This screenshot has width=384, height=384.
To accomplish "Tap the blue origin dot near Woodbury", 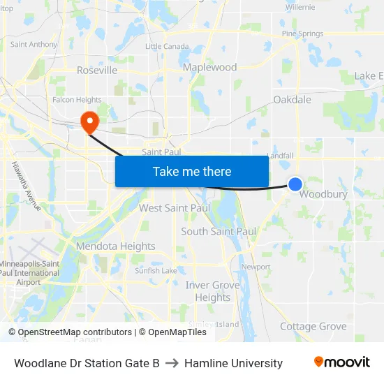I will tap(295, 184).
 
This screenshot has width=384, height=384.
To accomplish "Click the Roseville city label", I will tap(96, 71).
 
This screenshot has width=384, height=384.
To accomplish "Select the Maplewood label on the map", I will tap(209, 68).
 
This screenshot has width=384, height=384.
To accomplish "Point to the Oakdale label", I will tap(292, 100).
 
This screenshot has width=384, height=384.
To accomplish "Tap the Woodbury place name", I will tap(323, 194).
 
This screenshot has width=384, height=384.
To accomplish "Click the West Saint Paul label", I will tap(175, 208).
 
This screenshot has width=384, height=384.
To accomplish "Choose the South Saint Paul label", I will tap(219, 231).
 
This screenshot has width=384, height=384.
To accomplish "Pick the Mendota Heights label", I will tap(115, 246).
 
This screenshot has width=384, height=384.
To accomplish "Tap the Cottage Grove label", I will tap(313, 326).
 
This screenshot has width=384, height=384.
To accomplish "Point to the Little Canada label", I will tap(167, 46).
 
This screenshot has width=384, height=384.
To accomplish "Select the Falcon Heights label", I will tap(77, 100).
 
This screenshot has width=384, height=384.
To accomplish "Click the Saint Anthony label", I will tap(34, 45).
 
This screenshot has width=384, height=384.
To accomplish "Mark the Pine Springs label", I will tap(302, 34).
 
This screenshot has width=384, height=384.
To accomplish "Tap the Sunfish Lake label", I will tap(156, 270).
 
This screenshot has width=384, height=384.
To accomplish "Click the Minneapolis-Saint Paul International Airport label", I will tap(29, 273).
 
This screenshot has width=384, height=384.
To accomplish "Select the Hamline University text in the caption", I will tap(233, 363).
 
